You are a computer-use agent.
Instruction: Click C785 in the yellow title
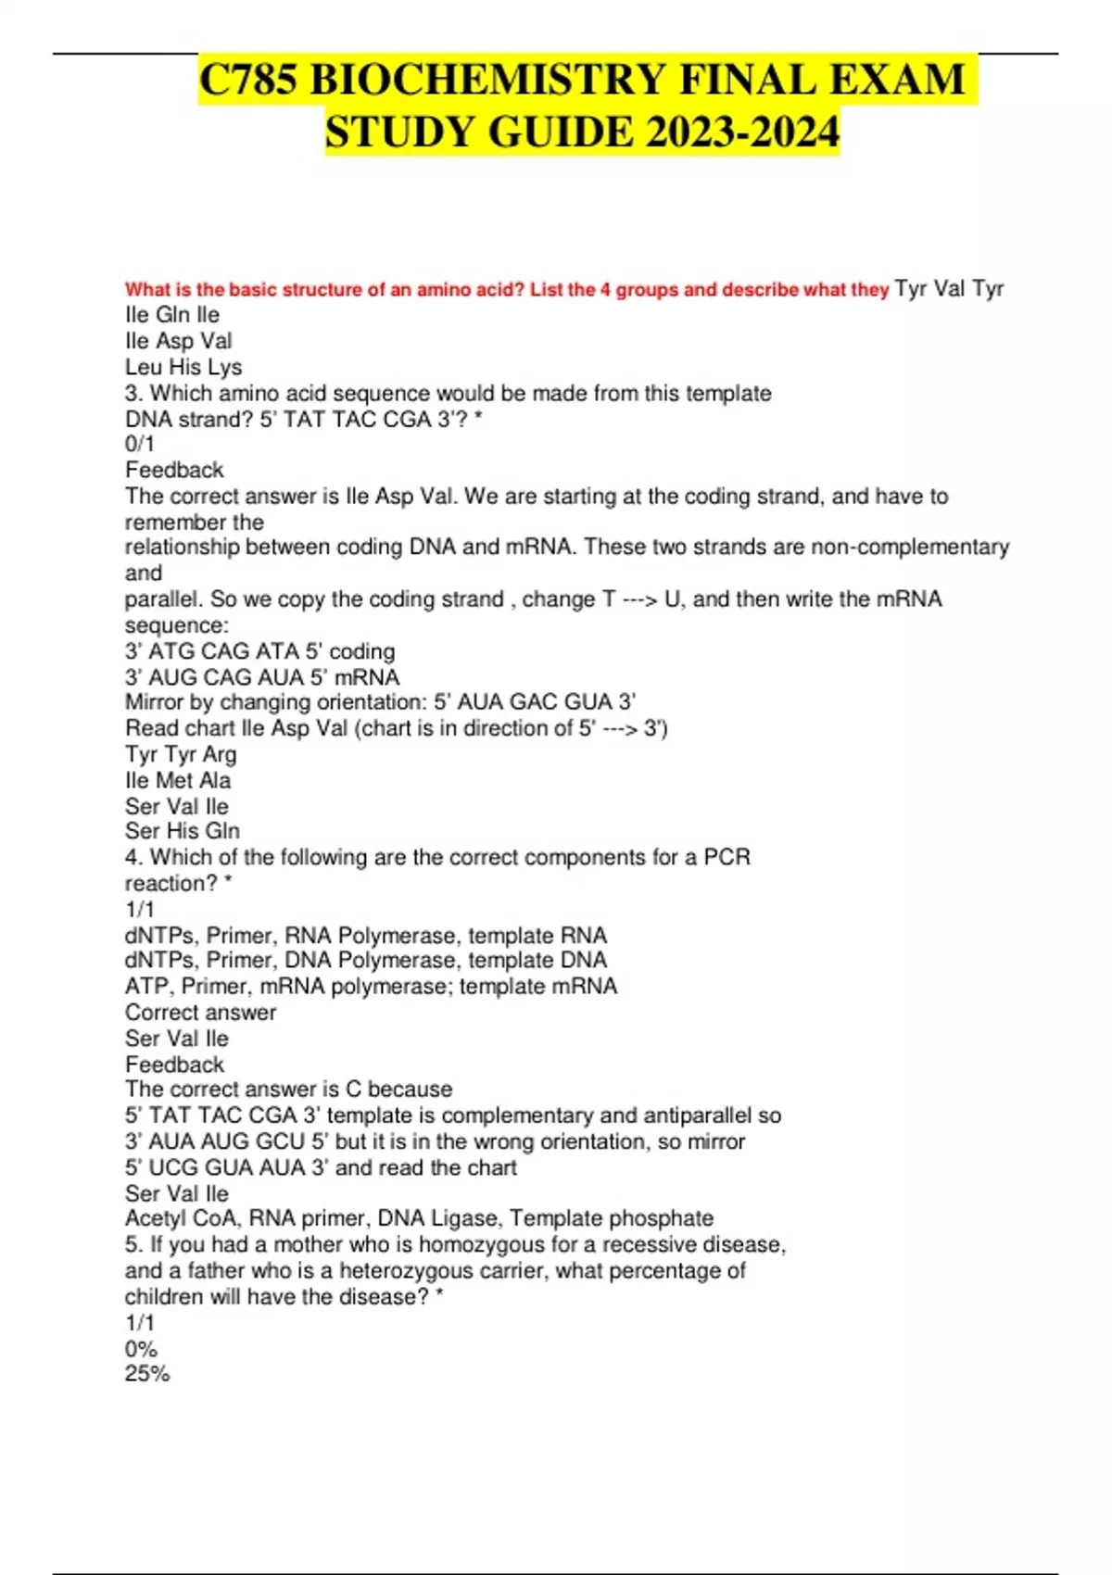[x=249, y=80]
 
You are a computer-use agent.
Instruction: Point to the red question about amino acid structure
[x=507, y=290]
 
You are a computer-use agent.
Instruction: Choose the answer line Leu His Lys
[x=183, y=367]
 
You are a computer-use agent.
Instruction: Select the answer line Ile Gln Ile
[x=172, y=315]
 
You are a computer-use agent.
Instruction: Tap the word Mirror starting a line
[x=154, y=702]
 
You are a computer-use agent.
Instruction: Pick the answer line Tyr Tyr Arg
[x=181, y=754]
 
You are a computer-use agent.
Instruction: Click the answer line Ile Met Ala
[x=178, y=780]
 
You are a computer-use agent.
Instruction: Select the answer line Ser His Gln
[x=183, y=831]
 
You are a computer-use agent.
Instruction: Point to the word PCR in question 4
[x=727, y=857]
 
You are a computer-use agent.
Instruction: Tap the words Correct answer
[x=200, y=1013]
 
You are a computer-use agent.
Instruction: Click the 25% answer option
[x=147, y=1374]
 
